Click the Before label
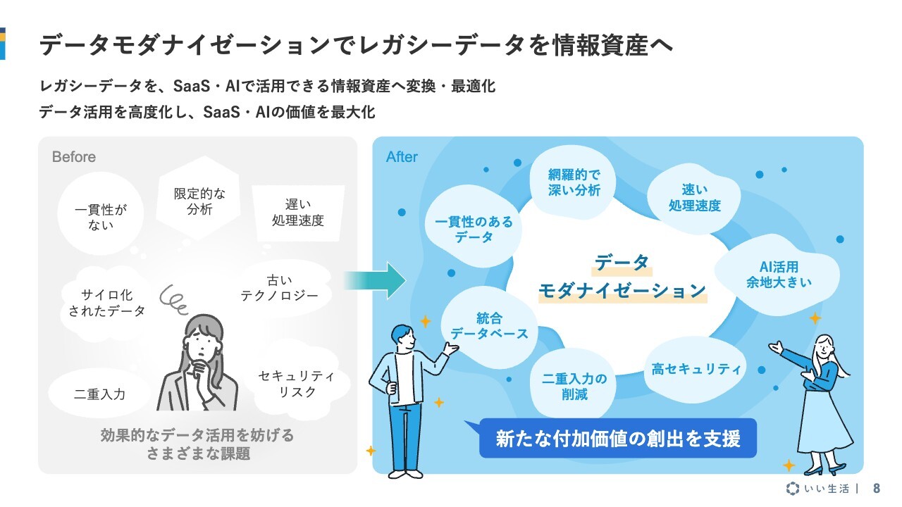pos(74,156)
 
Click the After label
pos(402,156)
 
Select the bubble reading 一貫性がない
pos(101,213)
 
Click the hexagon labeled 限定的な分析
pos(199,198)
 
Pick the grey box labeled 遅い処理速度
pos(298,213)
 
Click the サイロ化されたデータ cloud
pos(106,303)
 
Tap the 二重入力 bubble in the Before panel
pos(99,394)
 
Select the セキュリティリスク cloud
pos(297,383)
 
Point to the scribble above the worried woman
pos(174,300)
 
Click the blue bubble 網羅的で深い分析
pos(574,182)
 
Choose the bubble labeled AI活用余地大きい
pos(779,275)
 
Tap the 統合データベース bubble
pos(489,327)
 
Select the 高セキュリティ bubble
pos(696,369)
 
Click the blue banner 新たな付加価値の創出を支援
pos(618,438)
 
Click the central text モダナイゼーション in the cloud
pos(622,291)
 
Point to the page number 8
pos(877,488)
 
